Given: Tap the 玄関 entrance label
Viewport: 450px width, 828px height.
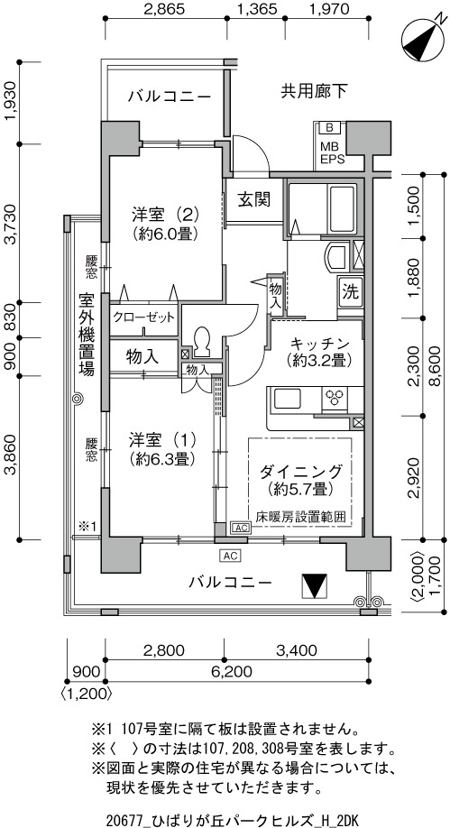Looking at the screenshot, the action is coord(253,199).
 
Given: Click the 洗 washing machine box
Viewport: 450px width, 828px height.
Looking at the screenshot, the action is coord(350,291).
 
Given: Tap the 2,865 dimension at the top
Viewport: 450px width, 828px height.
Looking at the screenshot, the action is coord(164,8).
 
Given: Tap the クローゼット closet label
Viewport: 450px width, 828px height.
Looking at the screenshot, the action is coord(143,317).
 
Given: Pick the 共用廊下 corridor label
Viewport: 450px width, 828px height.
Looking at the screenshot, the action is coord(314,92).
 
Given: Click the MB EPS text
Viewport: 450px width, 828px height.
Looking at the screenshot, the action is coord(331,152).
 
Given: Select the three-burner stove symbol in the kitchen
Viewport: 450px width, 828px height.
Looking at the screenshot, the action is coord(334,398).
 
